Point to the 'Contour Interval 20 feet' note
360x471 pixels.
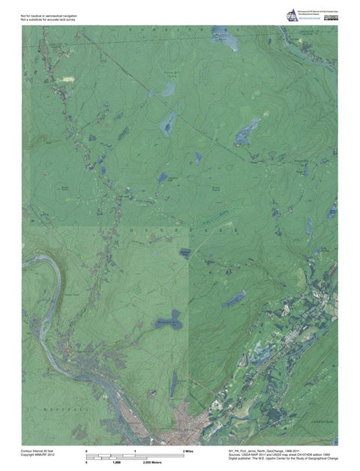pos(38,451)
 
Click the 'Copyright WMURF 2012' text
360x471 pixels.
pos(38,455)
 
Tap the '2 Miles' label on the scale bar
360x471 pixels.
pos(189,451)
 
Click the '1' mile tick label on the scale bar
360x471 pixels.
pos(135,451)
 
